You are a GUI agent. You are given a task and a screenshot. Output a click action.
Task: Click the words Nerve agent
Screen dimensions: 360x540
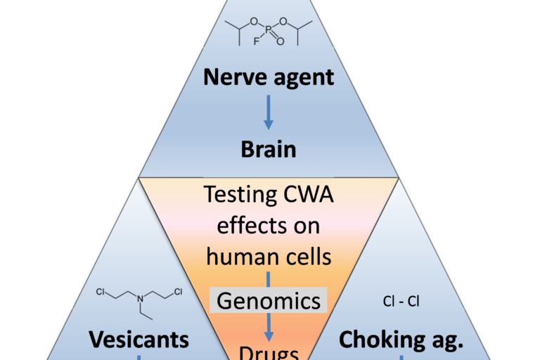pyautogui.click(x=269, y=77)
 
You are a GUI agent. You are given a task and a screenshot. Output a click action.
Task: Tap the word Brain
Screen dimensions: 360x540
pyautogui.click(x=269, y=150)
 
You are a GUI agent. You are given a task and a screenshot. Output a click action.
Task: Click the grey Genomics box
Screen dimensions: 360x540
pyautogui.click(x=269, y=301)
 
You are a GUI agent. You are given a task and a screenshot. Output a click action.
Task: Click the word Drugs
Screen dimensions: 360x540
pyautogui.click(x=269, y=352)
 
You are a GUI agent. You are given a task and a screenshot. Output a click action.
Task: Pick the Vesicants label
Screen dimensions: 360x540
pyautogui.click(x=139, y=340)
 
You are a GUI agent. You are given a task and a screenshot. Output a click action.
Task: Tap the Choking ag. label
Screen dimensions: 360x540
pyautogui.click(x=401, y=340)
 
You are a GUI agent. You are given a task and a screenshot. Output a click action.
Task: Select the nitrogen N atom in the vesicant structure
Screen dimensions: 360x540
pyautogui.click(x=139, y=301)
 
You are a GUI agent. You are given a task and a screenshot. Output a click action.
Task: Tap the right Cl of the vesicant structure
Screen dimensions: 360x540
pyautogui.click(x=179, y=290)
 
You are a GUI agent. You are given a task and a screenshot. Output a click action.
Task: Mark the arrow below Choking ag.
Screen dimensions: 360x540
pyautogui.click(x=401, y=357)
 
